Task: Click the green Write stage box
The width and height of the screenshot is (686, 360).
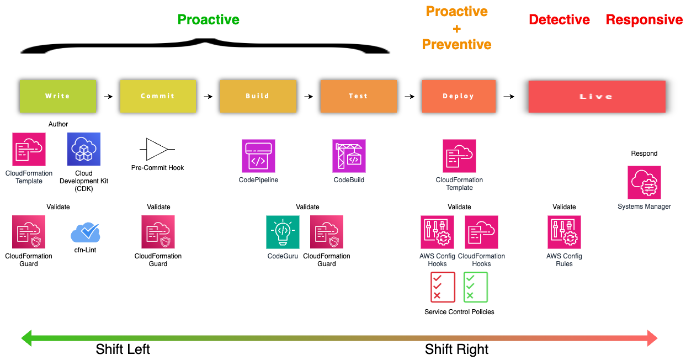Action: [x=58, y=96]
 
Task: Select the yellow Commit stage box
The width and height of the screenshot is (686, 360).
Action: [x=158, y=96]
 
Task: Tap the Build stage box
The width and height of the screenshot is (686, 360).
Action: [x=258, y=96]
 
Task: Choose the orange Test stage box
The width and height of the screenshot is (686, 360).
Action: [x=358, y=96]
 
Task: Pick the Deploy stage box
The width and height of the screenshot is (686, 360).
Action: [x=459, y=96]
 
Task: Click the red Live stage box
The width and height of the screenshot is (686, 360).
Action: [x=597, y=97]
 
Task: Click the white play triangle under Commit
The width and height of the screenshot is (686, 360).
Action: [x=156, y=150]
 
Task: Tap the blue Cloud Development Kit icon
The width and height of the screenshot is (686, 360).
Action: [x=84, y=149]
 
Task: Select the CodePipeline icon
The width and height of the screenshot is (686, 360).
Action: [x=258, y=156]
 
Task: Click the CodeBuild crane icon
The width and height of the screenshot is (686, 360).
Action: [x=349, y=156]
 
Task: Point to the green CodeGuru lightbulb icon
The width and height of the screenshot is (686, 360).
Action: [x=283, y=232]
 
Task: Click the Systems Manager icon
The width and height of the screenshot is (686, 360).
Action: [x=644, y=182]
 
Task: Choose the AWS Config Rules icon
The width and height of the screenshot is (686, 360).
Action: [x=564, y=232]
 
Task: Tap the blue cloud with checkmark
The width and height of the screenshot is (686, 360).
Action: [x=86, y=232]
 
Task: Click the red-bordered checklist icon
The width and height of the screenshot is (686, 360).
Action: [x=443, y=287]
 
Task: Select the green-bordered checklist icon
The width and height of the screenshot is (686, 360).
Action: [x=476, y=287]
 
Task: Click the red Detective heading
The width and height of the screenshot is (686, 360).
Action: [x=559, y=20]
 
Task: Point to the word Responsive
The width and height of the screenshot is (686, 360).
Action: [x=644, y=20]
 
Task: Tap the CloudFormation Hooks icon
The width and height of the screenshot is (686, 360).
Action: [x=481, y=232]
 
